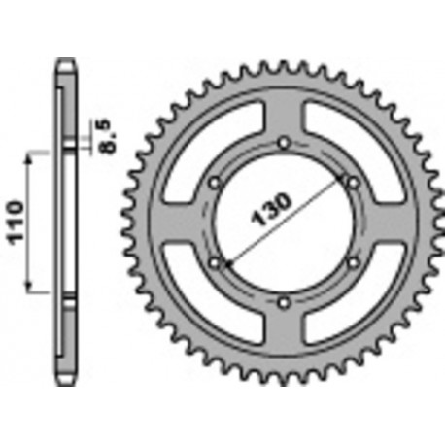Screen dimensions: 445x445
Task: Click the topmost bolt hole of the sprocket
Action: (x=283, y=145)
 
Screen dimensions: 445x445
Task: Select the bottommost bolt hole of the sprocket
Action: (x=283, y=303)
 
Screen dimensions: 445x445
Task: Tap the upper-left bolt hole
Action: (x=215, y=183)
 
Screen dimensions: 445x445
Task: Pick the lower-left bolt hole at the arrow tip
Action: (x=215, y=261)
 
